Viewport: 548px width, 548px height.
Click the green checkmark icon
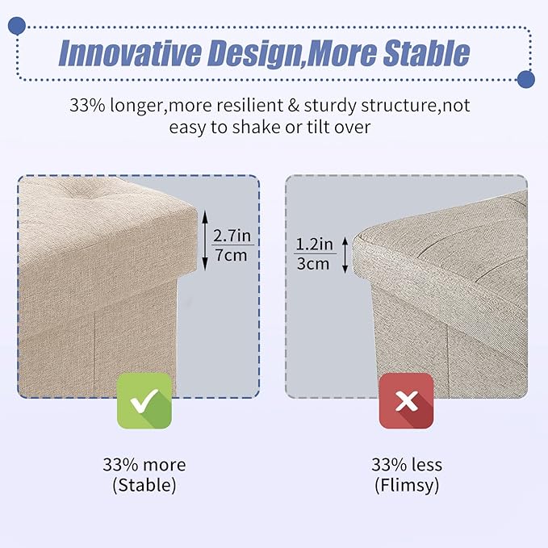pyautogui.click(x=144, y=401)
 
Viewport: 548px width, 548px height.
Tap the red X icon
pyautogui.click(x=407, y=401)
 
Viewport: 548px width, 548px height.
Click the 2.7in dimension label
pyautogui.click(x=232, y=236)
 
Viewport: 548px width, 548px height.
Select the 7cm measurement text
pyautogui.click(x=231, y=255)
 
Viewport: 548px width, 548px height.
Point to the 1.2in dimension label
pyautogui.click(x=315, y=244)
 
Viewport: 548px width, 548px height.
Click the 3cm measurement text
pyautogui.click(x=313, y=264)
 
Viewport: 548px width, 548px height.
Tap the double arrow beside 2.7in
pyautogui.click(x=205, y=241)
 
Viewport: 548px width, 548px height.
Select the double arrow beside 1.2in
pyautogui.click(x=345, y=255)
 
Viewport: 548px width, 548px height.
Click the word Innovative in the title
pyautogui.click(x=130, y=53)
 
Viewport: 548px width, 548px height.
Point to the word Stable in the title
pyautogui.click(x=426, y=52)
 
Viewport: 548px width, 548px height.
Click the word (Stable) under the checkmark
pyautogui.click(x=144, y=485)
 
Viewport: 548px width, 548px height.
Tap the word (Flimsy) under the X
pyautogui.click(x=407, y=485)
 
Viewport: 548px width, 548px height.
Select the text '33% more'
pyautogui.click(x=144, y=465)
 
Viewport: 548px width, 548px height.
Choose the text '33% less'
pyautogui.click(x=407, y=465)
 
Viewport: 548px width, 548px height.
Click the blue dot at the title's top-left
pyautogui.click(x=16, y=26)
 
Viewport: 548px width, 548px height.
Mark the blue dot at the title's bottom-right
pyautogui.click(x=526, y=79)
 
